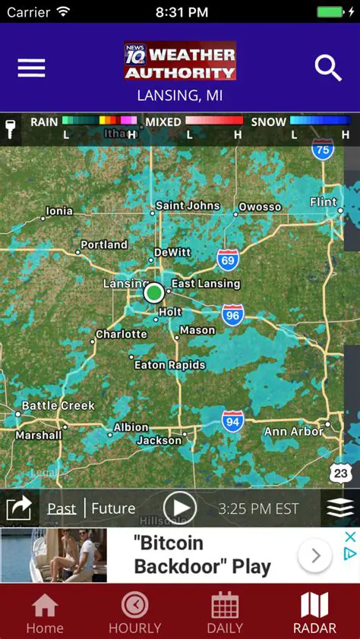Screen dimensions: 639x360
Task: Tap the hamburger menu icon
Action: pos(31,68)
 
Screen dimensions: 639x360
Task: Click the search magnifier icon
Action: pos(328,68)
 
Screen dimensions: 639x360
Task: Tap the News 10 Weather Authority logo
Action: pos(180,61)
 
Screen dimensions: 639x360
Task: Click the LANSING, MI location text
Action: pos(180,96)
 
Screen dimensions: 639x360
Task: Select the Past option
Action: pos(62,508)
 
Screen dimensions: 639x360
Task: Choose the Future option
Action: pos(113,508)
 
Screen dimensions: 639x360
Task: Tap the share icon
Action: pos(19,508)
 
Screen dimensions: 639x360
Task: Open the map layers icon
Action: pos(340,508)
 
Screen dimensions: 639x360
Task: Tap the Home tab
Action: pos(45,613)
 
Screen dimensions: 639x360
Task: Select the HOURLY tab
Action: pos(135,613)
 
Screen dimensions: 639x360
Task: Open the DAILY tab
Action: pos(225,613)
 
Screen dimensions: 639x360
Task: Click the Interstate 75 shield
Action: pos(323,150)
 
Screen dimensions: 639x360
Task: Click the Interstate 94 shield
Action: pos(232,421)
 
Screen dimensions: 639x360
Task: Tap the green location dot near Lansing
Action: pos(154,292)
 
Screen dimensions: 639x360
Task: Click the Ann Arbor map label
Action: pos(293,432)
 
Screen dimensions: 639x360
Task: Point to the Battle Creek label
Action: pos(58,405)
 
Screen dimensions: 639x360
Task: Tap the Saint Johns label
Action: pos(188,206)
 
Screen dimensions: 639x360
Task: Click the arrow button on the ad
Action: pos(314,556)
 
